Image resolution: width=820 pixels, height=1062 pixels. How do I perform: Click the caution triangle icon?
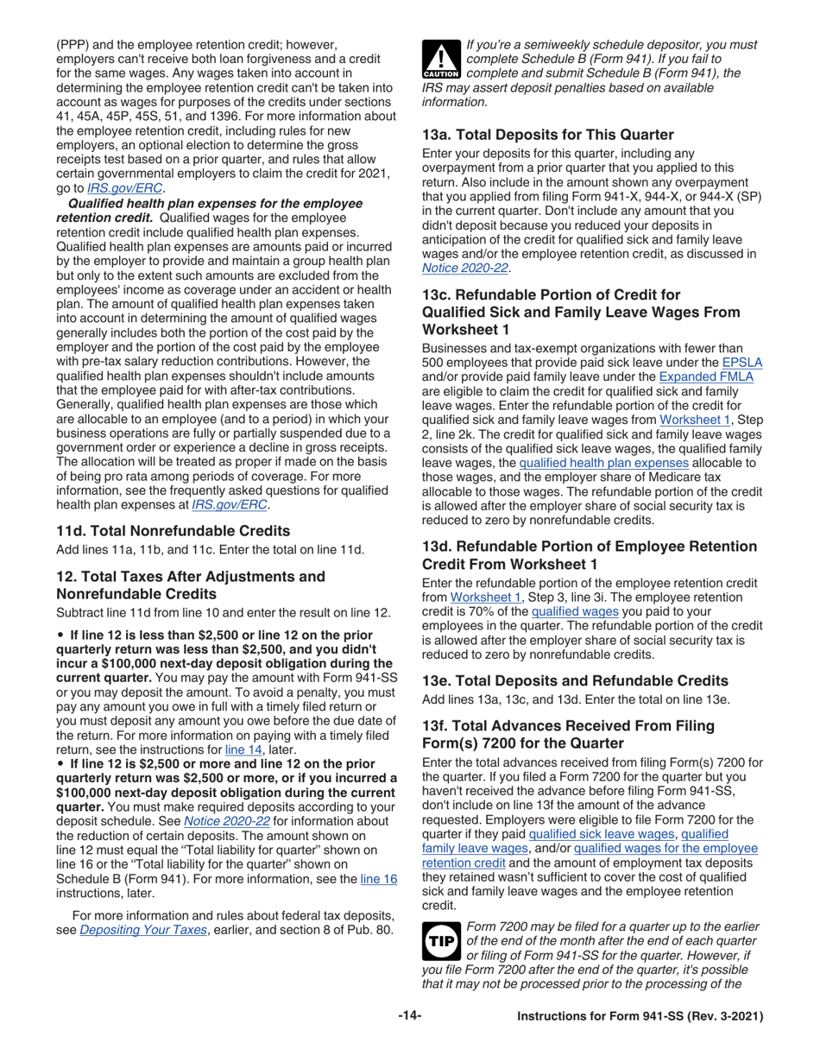coord(441,59)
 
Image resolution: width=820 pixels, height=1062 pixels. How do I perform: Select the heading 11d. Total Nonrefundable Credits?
coord(173,530)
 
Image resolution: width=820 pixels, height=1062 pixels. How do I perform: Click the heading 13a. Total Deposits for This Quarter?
coord(547,135)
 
